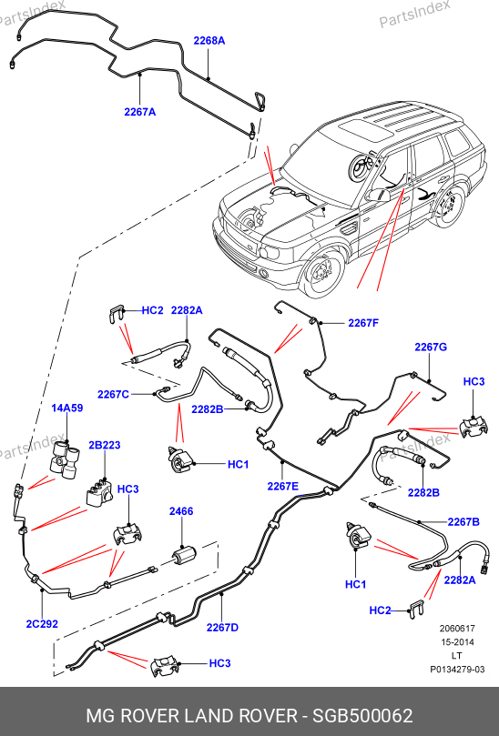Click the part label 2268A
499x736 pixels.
pyautogui.click(x=209, y=41)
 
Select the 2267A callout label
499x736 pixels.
pyautogui.click(x=139, y=112)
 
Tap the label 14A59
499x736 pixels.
pyautogui.click(x=67, y=408)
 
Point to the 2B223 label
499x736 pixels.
pyautogui.click(x=105, y=445)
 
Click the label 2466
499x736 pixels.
pyautogui.click(x=181, y=511)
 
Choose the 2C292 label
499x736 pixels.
pyautogui.click(x=42, y=624)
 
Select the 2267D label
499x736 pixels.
pyautogui.click(x=222, y=627)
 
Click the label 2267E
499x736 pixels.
pyautogui.click(x=282, y=487)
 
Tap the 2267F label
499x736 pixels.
pyautogui.click(x=363, y=323)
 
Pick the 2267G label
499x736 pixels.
pyautogui.click(x=431, y=347)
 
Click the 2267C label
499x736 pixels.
pyautogui.click(x=113, y=394)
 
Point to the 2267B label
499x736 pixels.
pyautogui.click(x=463, y=521)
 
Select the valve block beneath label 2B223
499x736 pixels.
pyautogui.click(x=99, y=492)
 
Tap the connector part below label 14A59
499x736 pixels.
pyautogui.click(x=65, y=459)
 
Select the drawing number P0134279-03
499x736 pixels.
pyautogui.click(x=457, y=669)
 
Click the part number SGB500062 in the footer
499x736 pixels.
pyautogui.click(x=362, y=716)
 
